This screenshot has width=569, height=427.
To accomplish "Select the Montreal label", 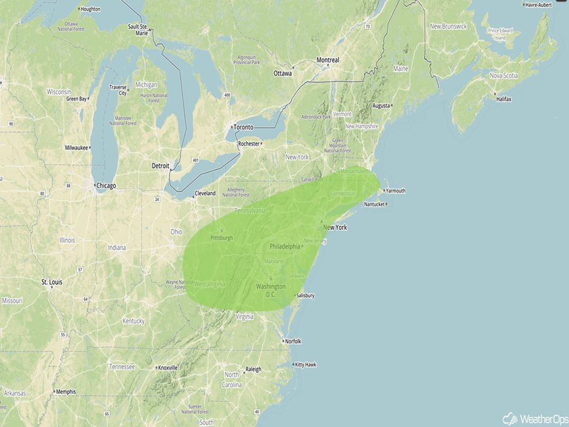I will [327, 60].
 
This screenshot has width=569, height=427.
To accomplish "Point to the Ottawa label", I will [282, 73].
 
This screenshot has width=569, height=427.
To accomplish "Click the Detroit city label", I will [160, 165].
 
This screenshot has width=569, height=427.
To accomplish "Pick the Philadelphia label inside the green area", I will [284, 247].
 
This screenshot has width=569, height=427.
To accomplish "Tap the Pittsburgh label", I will [222, 237].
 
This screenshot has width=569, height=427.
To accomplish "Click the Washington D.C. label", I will [271, 290].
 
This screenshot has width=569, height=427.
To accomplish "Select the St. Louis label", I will [51, 282].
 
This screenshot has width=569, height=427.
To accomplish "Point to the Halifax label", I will [504, 98].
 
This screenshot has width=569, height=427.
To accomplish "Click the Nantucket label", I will [375, 204].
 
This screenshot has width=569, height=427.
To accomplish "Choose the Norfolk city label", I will [292, 341].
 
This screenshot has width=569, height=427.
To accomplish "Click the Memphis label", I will [65, 391].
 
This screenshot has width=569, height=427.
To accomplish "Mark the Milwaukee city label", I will [77, 148].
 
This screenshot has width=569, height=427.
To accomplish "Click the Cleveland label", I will [205, 194].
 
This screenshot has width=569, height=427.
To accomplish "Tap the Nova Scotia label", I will [503, 76].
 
